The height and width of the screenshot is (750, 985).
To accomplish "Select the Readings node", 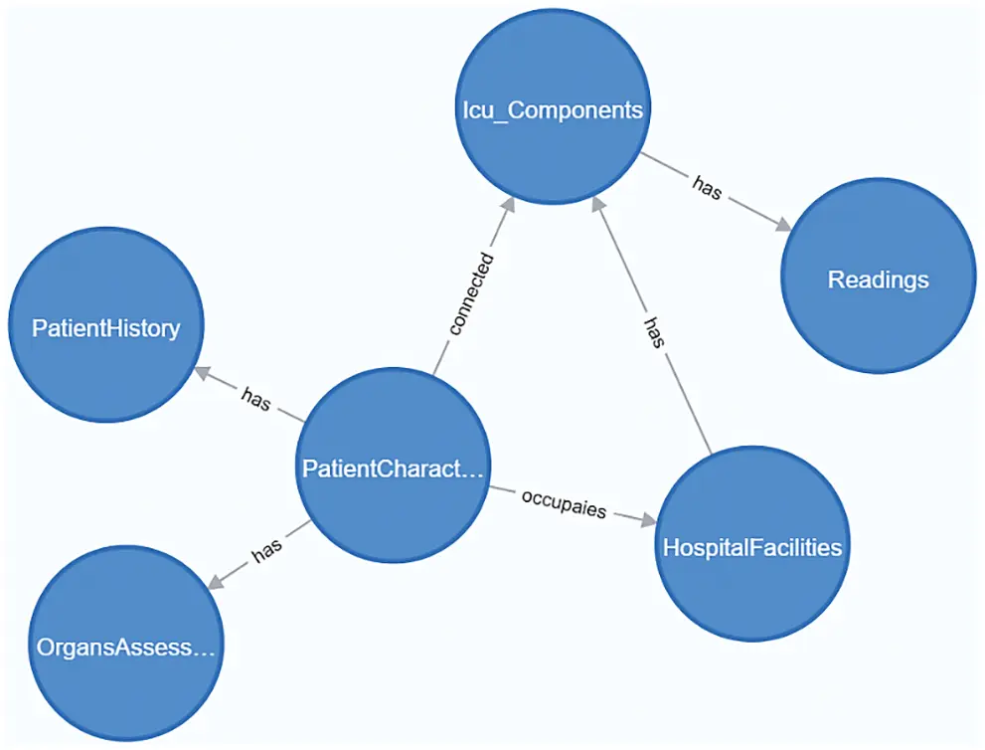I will coord(878,280).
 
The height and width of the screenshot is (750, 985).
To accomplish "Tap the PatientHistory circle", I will coord(105,327).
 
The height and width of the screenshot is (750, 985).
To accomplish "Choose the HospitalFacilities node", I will coord(751,547).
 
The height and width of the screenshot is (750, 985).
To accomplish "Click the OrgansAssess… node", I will coord(125,648).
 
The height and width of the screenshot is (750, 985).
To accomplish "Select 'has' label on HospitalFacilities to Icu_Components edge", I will coord(652,331).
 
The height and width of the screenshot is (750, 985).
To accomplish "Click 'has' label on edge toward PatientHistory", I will coord(255,395).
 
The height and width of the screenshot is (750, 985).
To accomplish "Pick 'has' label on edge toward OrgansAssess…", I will coord(266,552).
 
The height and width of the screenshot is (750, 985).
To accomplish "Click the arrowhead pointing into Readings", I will coord(783,225).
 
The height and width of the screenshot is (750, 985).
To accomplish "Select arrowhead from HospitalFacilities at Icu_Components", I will coord(598,201).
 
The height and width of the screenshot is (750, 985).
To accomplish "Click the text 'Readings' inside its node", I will coord(878,280).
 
